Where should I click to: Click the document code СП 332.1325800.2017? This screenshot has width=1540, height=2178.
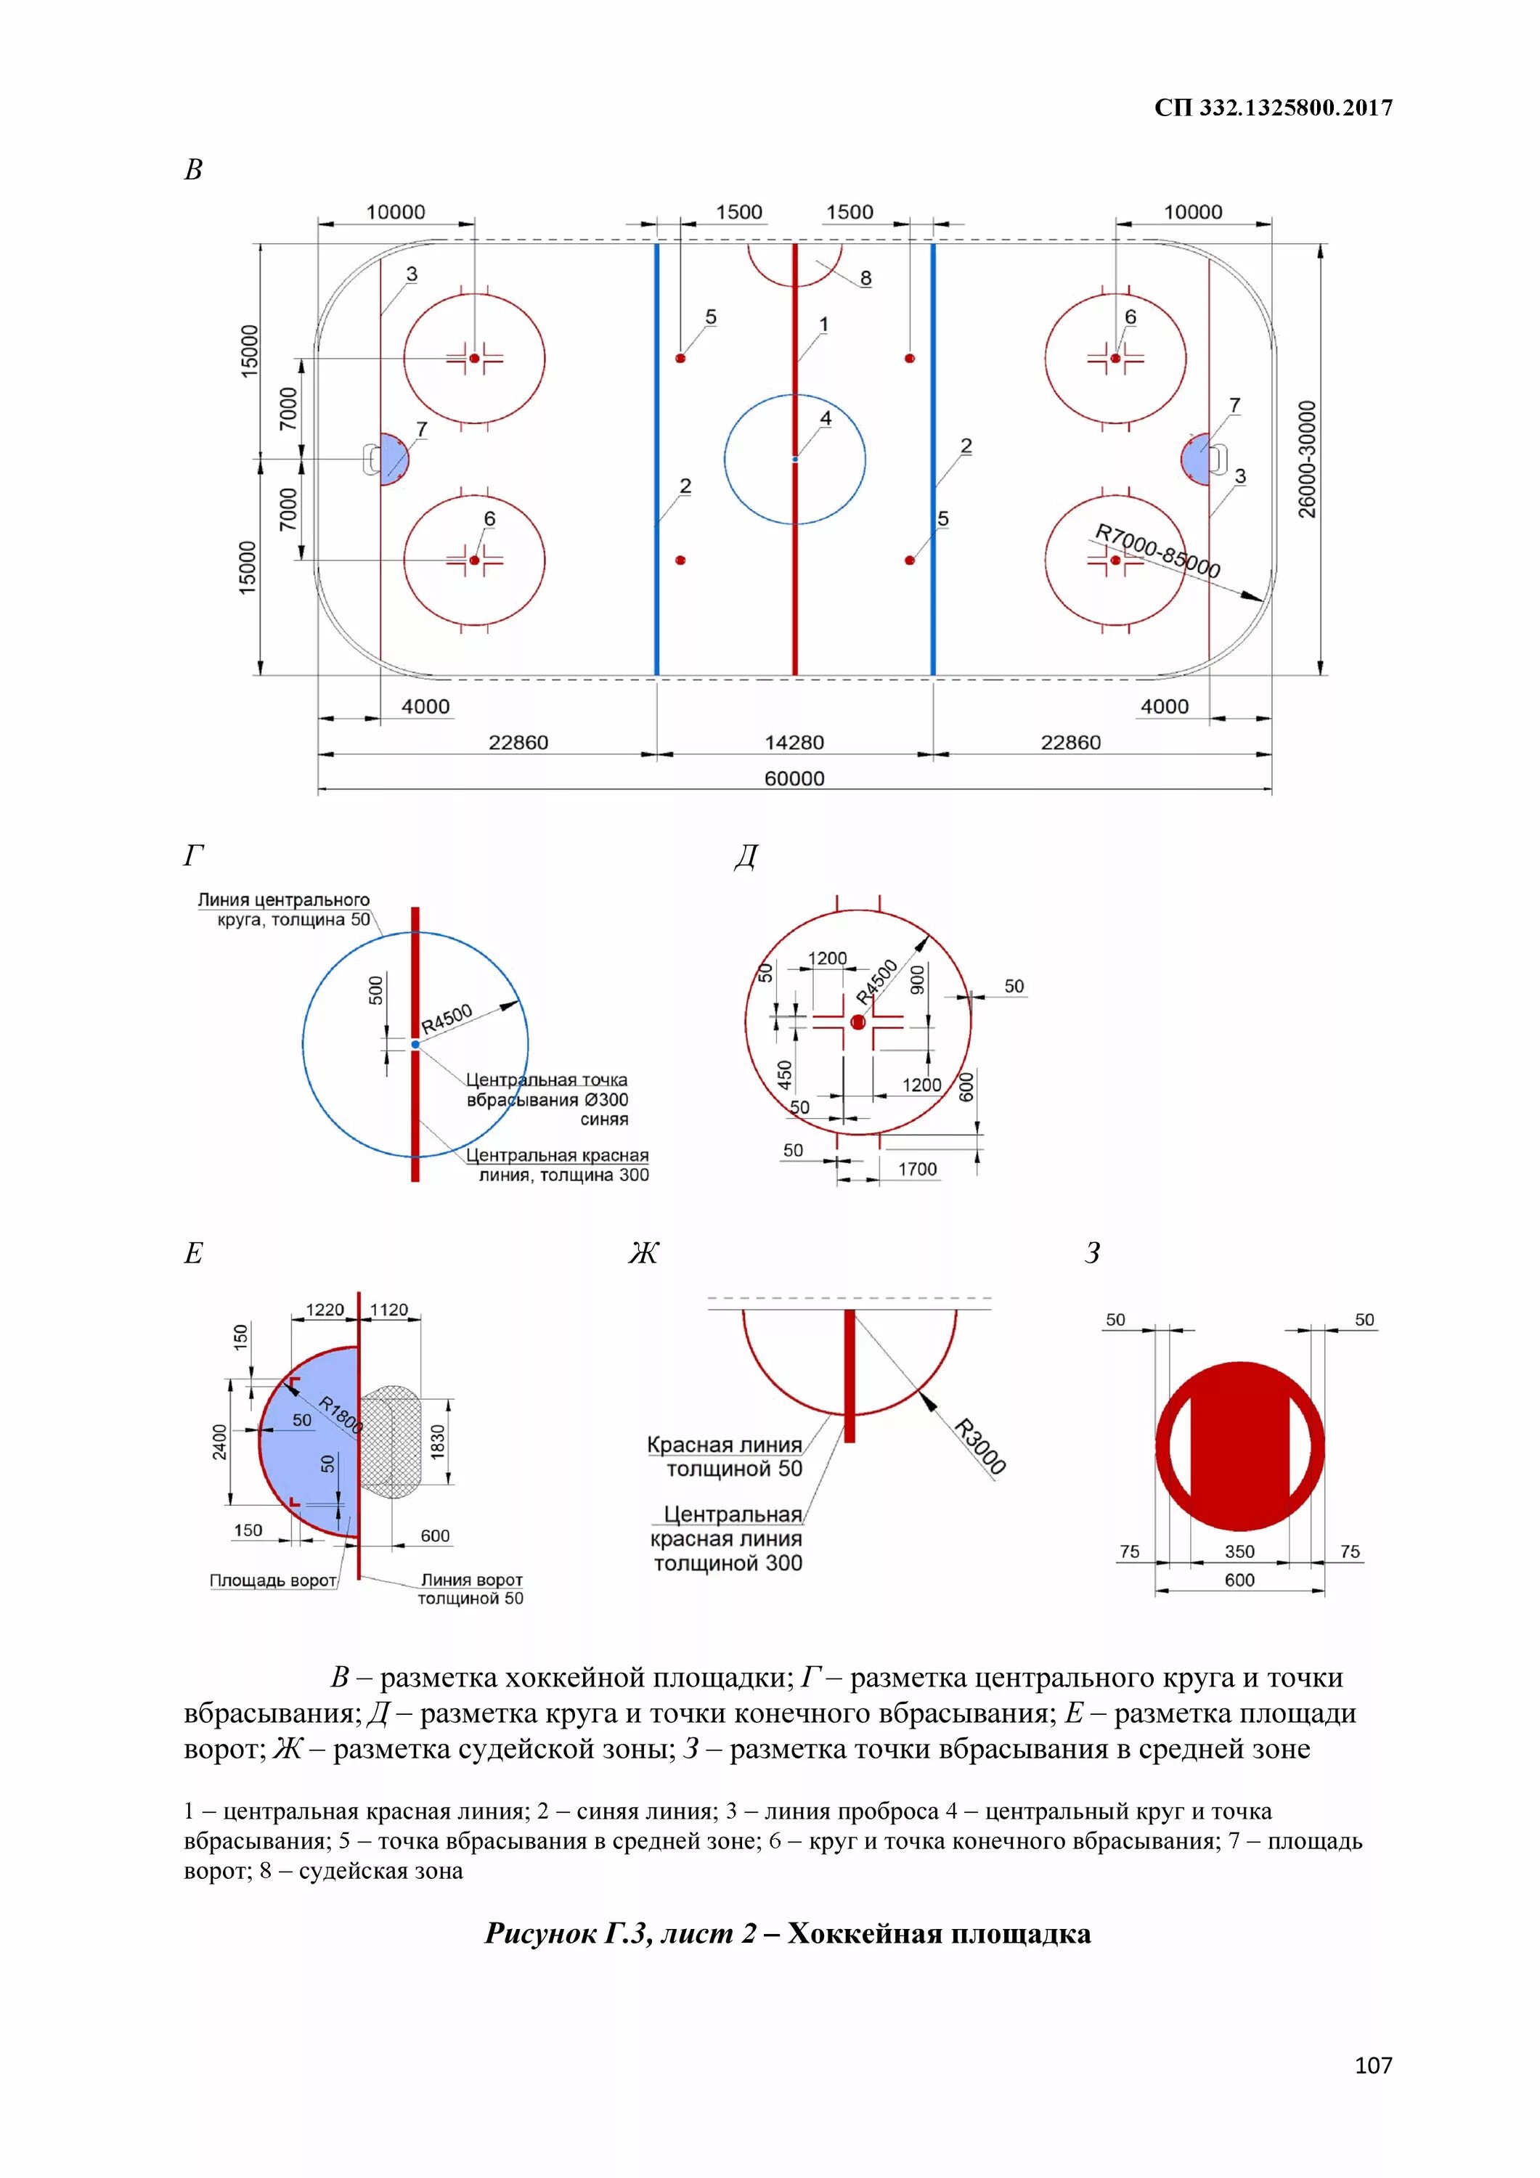[1272, 108]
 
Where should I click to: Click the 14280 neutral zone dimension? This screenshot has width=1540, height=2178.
[794, 743]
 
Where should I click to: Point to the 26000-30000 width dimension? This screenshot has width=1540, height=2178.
[1308, 459]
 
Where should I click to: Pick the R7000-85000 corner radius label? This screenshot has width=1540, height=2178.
[1157, 551]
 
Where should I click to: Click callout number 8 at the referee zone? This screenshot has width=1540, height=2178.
[865, 278]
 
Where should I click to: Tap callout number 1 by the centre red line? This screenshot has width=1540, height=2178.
[823, 325]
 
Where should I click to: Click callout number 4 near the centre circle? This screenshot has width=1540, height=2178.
[826, 418]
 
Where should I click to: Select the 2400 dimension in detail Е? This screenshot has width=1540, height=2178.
[220, 1442]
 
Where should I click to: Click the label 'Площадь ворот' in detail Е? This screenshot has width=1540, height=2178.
[273, 1581]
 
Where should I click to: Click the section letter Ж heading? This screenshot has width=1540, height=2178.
[643, 1253]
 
